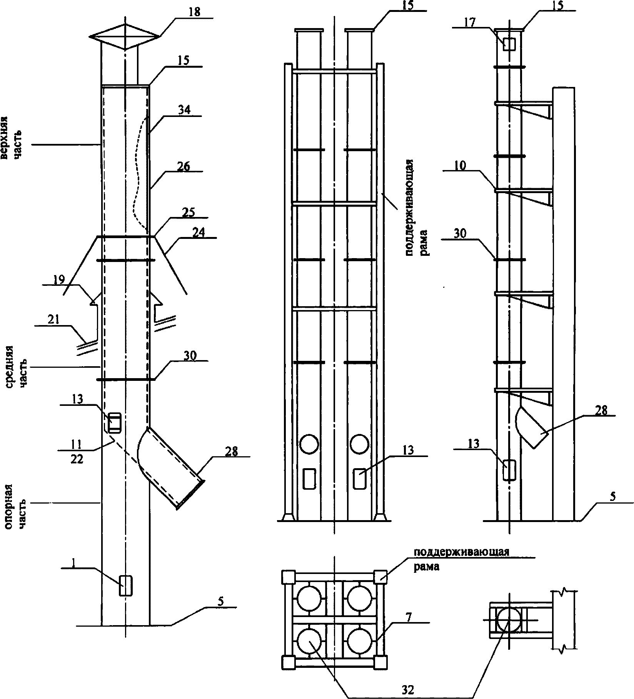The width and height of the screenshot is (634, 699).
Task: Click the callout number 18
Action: coord(194,12)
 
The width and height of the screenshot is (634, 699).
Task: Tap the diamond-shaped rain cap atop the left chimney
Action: coord(124,37)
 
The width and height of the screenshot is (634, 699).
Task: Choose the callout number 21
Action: coord(53,320)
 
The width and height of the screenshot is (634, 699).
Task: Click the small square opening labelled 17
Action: coord(509,45)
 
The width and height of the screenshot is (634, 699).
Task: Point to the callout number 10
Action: coord(460,166)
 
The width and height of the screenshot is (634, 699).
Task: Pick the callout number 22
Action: coord(77,459)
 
